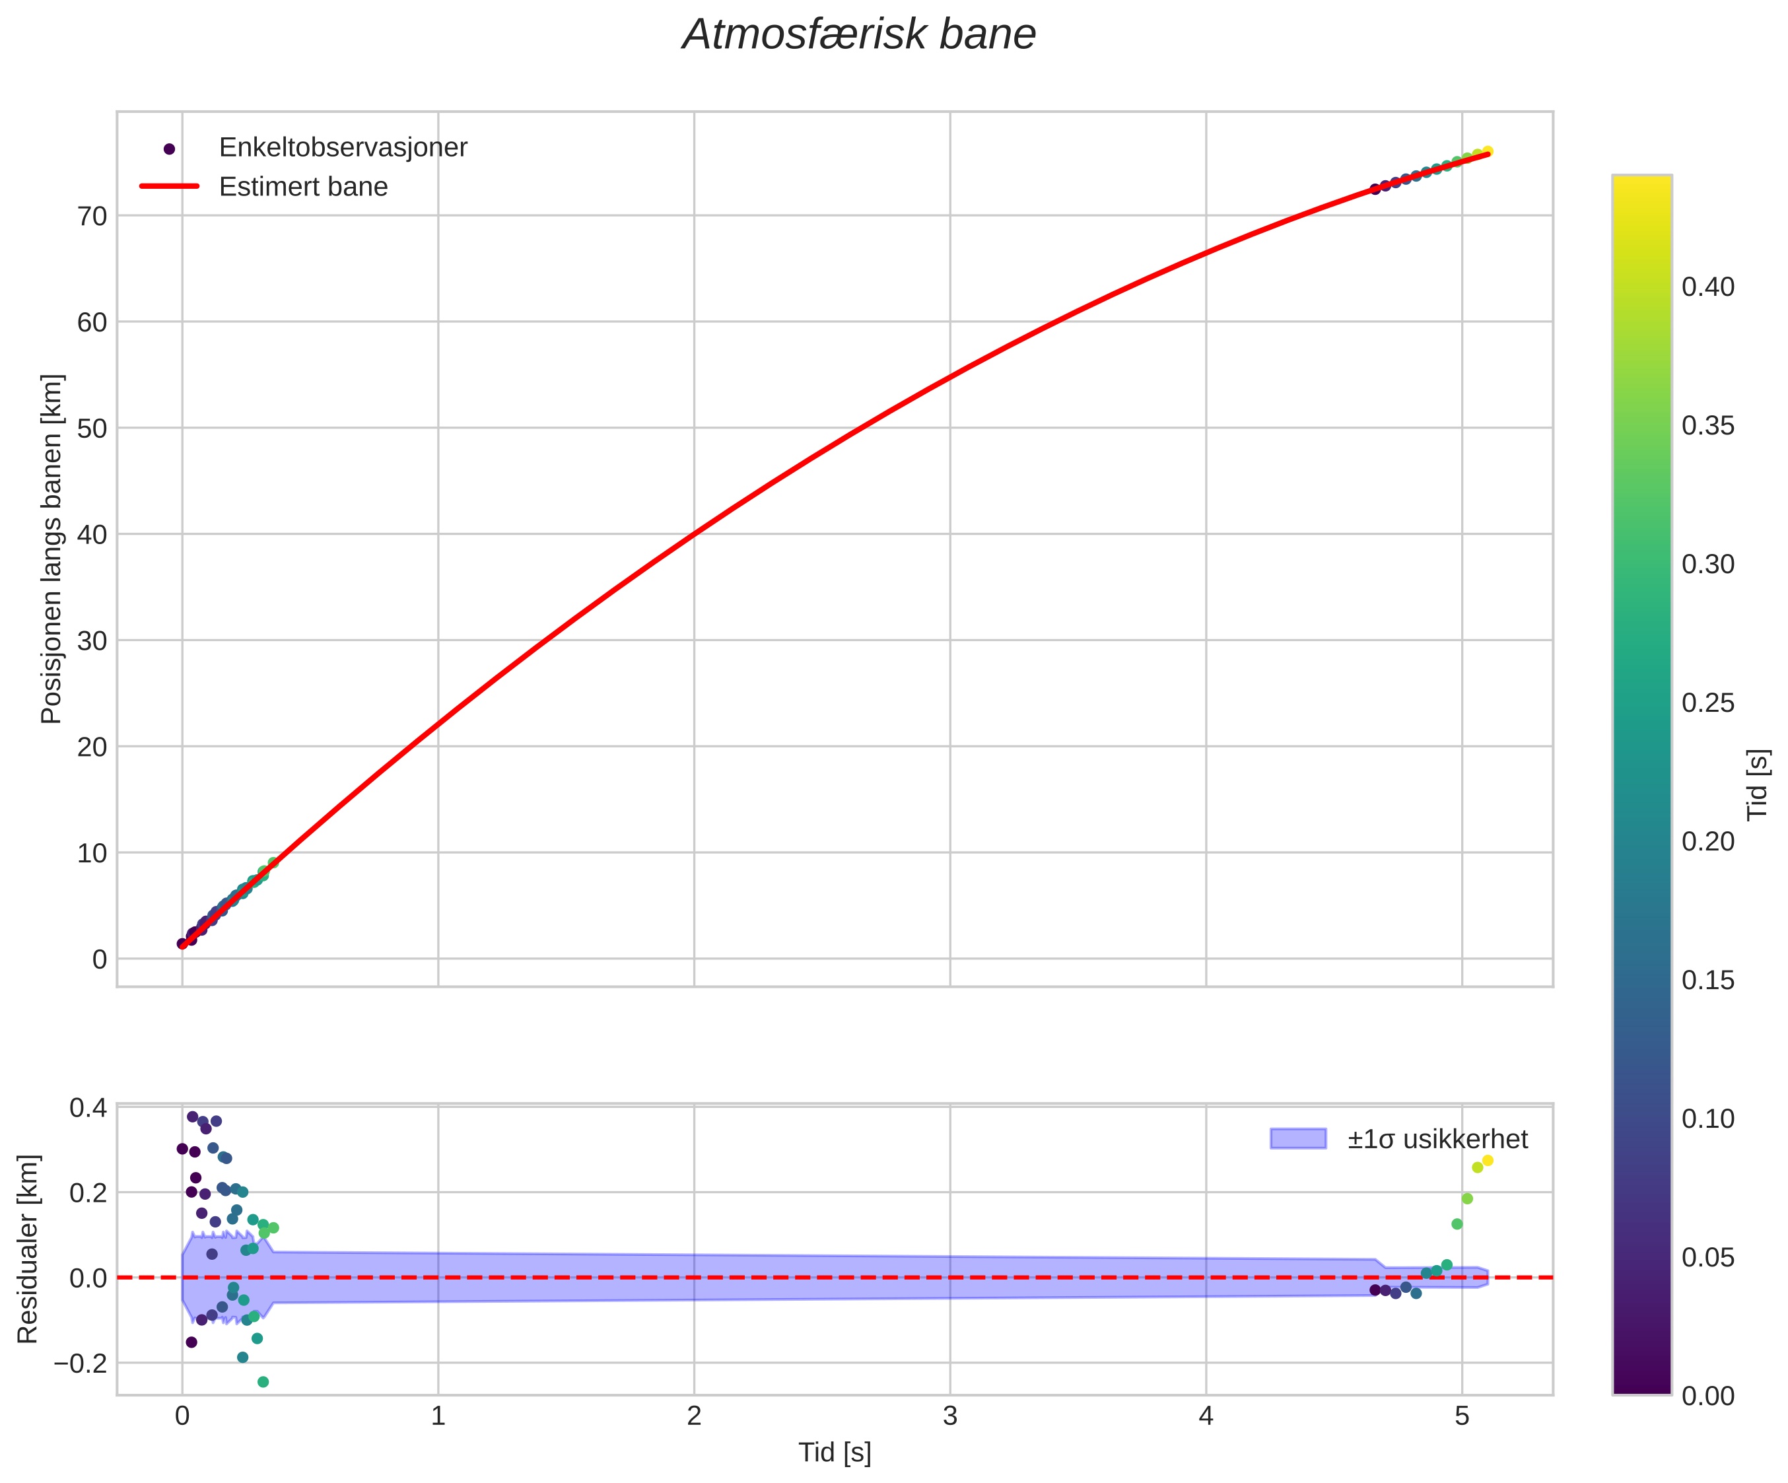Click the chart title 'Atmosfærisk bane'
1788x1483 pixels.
[x=859, y=36]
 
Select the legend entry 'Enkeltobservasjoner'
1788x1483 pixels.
[x=343, y=147]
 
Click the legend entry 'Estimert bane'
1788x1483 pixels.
[x=303, y=186]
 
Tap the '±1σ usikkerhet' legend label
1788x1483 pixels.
[x=1437, y=1139]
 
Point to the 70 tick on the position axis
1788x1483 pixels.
[x=93, y=216]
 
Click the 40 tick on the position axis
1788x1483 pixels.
[x=93, y=535]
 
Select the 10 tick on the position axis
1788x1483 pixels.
[x=93, y=853]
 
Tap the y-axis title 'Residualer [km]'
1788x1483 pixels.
[x=28, y=1249]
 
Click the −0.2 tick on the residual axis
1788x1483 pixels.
[x=81, y=1363]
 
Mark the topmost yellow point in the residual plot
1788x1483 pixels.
[x=1488, y=1160]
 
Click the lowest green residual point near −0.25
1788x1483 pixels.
[x=263, y=1382]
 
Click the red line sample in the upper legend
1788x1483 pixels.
[x=170, y=186]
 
